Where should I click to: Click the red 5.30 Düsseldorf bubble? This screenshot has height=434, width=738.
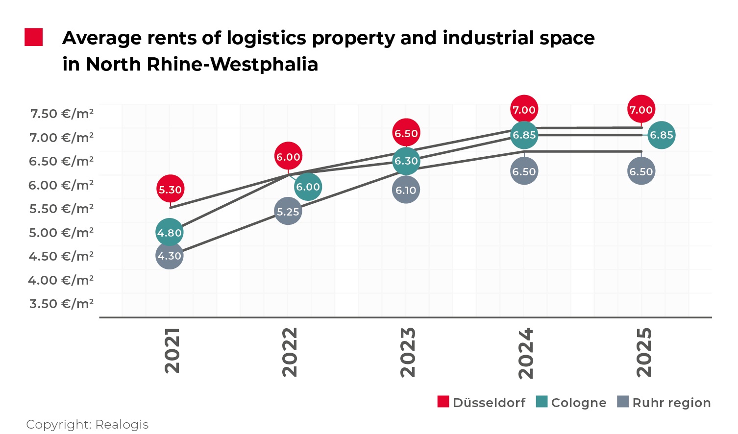click(170, 189)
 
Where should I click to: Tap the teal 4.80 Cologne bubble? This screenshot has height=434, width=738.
click(170, 233)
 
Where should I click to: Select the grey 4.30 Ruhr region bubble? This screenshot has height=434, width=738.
click(170, 256)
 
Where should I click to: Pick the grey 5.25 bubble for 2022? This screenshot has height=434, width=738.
click(288, 212)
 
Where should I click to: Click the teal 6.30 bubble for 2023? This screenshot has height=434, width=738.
click(406, 161)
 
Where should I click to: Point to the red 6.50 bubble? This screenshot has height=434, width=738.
click(406, 133)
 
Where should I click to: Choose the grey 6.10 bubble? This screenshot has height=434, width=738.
click(406, 190)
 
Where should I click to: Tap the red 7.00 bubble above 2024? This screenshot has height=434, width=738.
click(524, 110)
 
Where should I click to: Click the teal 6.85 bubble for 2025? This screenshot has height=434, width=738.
click(662, 135)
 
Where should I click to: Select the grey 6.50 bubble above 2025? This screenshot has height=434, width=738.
click(641, 171)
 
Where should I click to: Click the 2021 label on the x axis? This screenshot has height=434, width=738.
click(172, 351)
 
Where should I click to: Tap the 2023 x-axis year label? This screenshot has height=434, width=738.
click(408, 352)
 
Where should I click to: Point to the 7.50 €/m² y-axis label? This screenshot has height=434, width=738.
click(62, 114)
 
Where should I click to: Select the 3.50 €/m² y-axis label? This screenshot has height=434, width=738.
click(62, 304)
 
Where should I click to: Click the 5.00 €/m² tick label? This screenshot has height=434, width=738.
click(62, 233)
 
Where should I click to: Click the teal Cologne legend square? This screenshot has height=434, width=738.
click(541, 402)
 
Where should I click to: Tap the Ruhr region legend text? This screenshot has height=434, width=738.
click(671, 403)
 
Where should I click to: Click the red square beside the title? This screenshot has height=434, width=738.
click(34, 37)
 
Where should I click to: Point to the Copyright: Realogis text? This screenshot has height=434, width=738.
click(87, 424)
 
